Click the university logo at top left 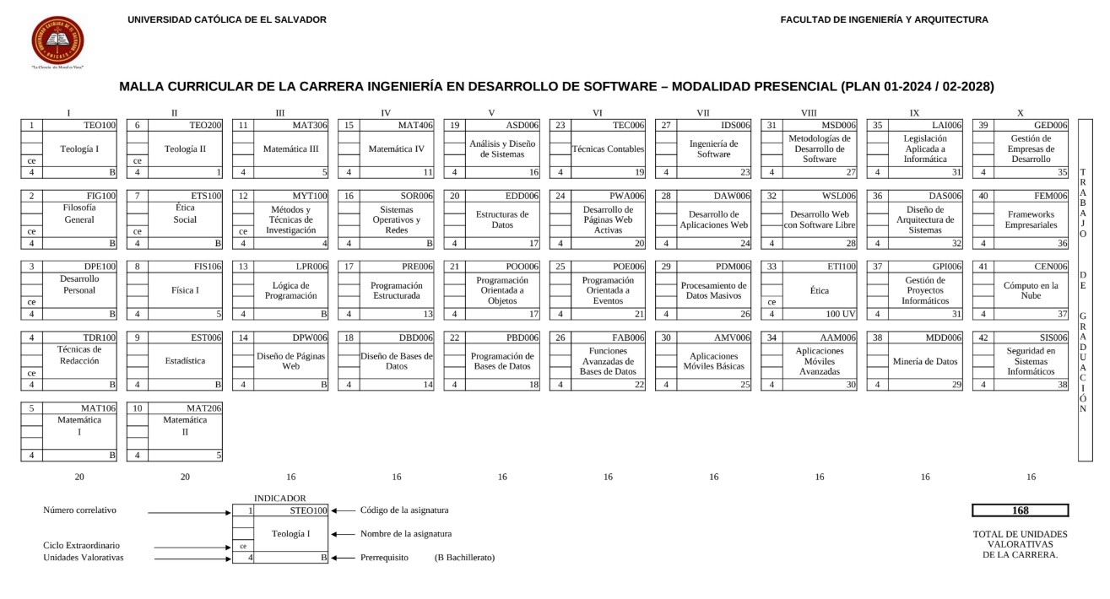click(x=57, y=40)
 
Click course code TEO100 click(x=100, y=125)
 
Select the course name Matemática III click(x=290, y=149)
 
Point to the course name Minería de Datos click(x=924, y=361)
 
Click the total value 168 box click(x=1020, y=510)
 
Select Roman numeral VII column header click(x=702, y=112)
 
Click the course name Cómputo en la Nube click(x=1030, y=291)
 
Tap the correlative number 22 click(x=454, y=337)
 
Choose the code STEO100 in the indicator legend click(x=307, y=510)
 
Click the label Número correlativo click(x=79, y=510)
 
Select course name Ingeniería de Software click(x=713, y=149)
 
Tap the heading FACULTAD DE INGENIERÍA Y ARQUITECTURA click(x=884, y=19)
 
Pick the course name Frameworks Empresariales click(x=1030, y=220)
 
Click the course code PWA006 click(x=627, y=196)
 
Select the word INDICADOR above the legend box click(x=280, y=499)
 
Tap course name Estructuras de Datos click(x=501, y=220)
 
